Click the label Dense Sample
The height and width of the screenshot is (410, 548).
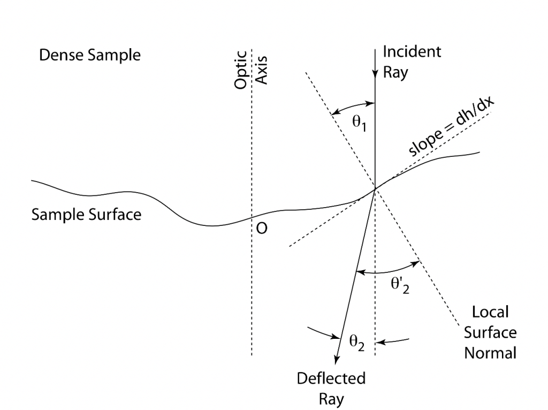90,56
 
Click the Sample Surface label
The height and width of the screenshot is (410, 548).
86,215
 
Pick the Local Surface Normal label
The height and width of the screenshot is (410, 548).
490,332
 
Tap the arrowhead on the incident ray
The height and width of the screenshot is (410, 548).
375,75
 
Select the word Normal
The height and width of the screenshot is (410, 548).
490,353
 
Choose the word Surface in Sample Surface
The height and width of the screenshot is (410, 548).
115,215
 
